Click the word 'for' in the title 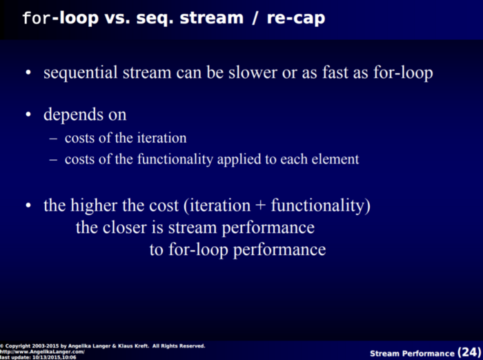[37, 18]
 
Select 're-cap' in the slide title [296, 19]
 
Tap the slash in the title [255, 19]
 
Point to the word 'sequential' [81, 73]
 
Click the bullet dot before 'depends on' [28, 114]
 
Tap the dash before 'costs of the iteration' [53, 139]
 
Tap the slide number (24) [469, 352]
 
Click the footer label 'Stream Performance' [412, 354]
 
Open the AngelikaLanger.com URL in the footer [42, 352]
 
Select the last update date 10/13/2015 [46, 357]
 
